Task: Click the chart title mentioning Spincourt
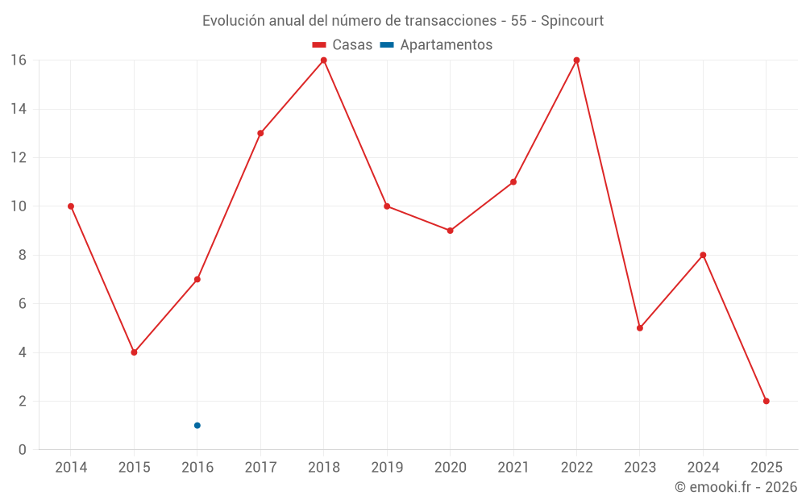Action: (x=403, y=21)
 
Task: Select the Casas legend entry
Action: (x=343, y=45)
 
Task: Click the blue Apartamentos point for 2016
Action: (x=197, y=425)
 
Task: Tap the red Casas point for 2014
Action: (x=71, y=206)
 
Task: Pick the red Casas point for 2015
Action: (x=134, y=352)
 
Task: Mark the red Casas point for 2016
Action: (x=197, y=279)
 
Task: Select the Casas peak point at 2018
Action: (x=324, y=60)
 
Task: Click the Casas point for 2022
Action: (x=577, y=60)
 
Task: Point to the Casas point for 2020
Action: (x=451, y=231)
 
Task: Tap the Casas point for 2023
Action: (x=640, y=328)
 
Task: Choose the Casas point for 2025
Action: (x=767, y=401)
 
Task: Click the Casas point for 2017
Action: (x=260, y=133)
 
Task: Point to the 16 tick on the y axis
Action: (x=19, y=60)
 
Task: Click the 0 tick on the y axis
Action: (x=23, y=450)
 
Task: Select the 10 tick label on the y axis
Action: (x=19, y=206)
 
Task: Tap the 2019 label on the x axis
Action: (x=387, y=468)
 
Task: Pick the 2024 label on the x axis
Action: (x=703, y=468)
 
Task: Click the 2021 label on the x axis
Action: (x=513, y=468)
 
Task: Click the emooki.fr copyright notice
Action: (x=736, y=487)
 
